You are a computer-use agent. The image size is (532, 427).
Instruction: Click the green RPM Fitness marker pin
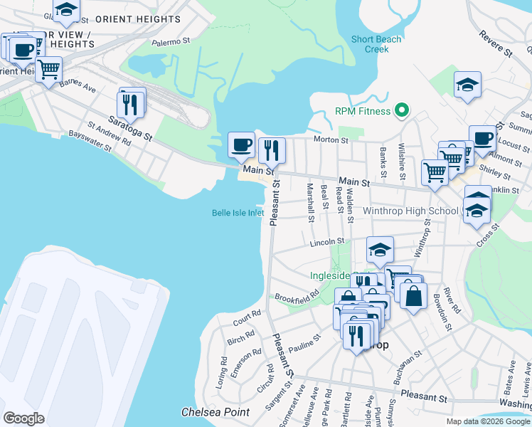click(x=402, y=111)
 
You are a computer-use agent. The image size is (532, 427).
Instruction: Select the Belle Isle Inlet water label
click(x=238, y=212)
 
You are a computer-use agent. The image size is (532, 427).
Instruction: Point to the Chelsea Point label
click(x=216, y=412)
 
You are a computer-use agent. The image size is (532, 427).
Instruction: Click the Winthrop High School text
click(x=411, y=211)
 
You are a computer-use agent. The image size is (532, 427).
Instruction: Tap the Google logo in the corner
click(x=23, y=418)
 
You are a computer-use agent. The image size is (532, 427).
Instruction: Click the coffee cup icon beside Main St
click(x=241, y=145)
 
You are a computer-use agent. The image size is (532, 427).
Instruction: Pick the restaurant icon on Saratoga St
click(x=132, y=104)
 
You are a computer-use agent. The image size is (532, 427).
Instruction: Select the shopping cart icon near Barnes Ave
click(x=48, y=70)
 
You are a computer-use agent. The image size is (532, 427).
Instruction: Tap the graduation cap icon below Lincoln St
click(x=381, y=251)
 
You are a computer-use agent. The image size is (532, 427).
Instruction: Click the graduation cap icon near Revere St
click(x=467, y=85)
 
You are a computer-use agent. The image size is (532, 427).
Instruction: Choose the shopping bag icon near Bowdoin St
click(x=413, y=294)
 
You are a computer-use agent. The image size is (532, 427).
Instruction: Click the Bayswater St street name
click(x=90, y=142)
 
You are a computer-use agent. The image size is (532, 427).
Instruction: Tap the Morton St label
click(x=331, y=140)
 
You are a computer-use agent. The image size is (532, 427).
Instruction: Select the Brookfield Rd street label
click(x=297, y=295)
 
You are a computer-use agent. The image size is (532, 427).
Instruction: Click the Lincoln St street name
click(x=327, y=243)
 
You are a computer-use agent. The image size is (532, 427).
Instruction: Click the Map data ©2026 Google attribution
click(x=487, y=421)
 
